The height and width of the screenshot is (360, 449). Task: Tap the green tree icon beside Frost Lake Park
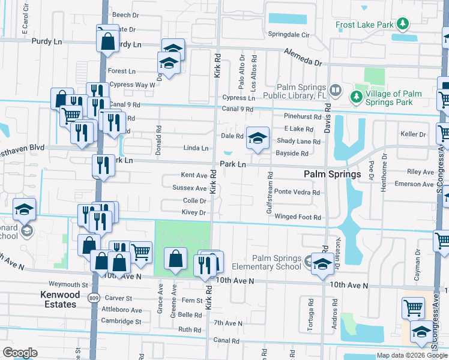pyautogui.click(x=404, y=25)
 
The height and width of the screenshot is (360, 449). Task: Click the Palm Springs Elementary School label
pyautogui.click(x=277, y=262)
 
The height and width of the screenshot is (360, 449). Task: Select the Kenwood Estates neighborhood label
pyautogui.click(x=59, y=299)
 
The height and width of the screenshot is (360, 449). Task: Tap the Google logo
pyautogui.click(x=20, y=353)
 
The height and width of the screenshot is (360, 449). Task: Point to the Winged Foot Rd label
pyautogui.click(x=298, y=217)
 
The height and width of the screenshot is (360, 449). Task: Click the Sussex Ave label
pyautogui.click(x=189, y=188)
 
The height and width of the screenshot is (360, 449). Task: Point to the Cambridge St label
pyautogui.click(x=121, y=322)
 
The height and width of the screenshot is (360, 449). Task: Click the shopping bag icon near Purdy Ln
pyautogui.click(x=108, y=41)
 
